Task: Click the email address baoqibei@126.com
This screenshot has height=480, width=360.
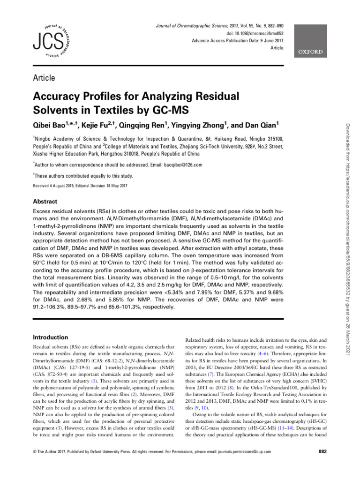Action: click(179, 165)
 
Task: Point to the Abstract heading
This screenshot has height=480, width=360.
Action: click(45, 201)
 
